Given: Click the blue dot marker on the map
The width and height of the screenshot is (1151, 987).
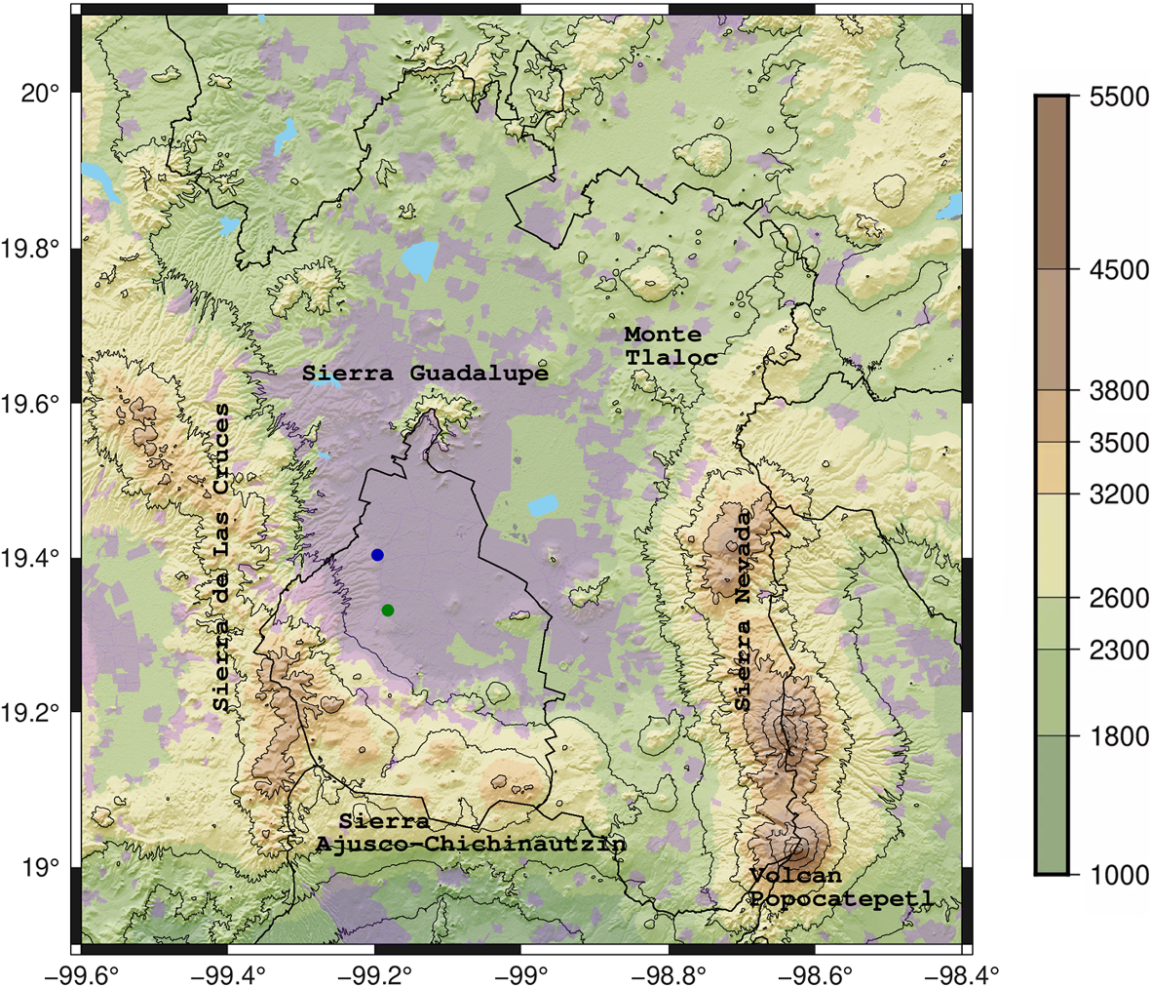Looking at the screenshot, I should coord(377,555).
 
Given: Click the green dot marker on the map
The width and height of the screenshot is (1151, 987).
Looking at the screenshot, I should coord(388,611).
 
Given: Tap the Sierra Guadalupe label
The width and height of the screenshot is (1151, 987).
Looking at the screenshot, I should coord(425,374).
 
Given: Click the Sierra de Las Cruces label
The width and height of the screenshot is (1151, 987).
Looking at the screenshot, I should coord(222,558).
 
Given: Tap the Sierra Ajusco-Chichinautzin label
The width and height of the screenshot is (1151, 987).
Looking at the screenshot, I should coord(471,834).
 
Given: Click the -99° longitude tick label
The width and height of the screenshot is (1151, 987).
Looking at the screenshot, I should coord(522,972).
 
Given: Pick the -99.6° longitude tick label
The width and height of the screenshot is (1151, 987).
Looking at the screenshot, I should coord(80,972).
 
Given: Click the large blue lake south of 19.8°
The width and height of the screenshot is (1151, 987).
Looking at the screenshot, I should coord(419,260).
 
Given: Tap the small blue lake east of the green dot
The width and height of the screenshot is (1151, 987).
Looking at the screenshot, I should coord(543,506).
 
